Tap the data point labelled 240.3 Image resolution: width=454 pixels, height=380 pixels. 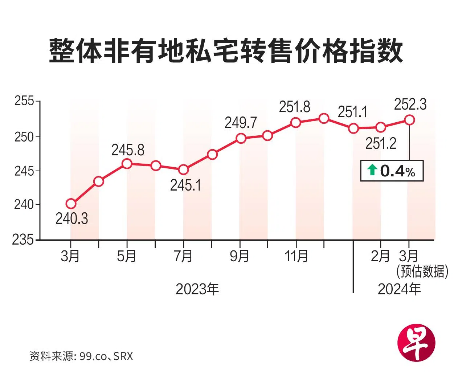click(71, 204)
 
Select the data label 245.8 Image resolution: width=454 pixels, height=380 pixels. click(128, 150)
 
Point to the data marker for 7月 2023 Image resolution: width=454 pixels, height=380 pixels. click(183, 169)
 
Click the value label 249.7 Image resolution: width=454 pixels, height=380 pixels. click(241, 123)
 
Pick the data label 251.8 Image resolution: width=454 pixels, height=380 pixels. click(294, 107)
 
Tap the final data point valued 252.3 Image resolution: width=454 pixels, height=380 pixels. click(409, 120)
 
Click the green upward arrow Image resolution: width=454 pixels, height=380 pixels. click(372, 170)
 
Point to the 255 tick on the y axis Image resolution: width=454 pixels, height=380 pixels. click(24, 101)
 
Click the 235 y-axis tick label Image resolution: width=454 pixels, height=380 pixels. click(23, 240)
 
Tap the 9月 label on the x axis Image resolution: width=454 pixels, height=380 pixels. click(239, 256)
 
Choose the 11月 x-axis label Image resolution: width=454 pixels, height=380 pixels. click(296, 256)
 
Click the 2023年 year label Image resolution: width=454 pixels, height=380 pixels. click(197, 289)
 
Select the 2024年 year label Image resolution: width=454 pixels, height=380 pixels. click(399, 289)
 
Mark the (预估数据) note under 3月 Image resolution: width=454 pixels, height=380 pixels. click(422, 271)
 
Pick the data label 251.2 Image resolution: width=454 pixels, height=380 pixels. click(381, 144)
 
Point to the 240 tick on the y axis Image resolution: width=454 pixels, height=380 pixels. click(24, 205)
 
